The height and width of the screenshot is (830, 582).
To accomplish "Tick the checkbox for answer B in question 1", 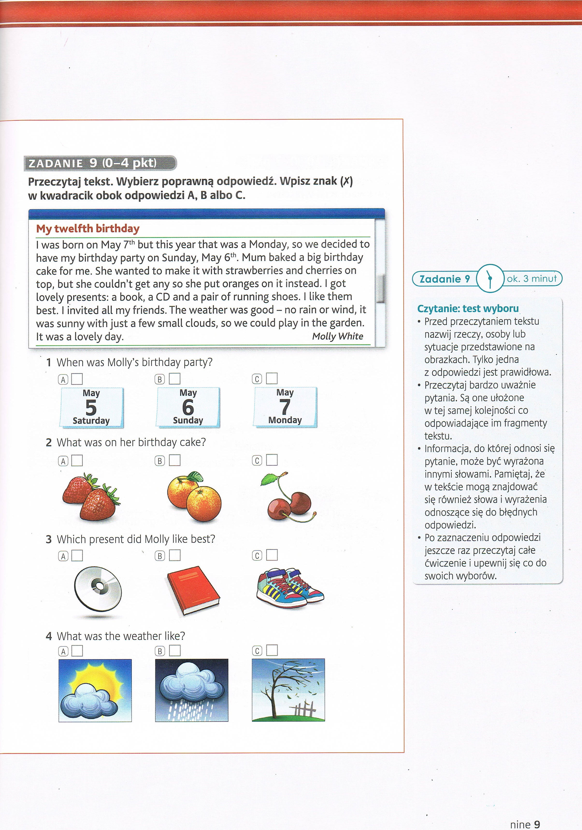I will click(175, 379).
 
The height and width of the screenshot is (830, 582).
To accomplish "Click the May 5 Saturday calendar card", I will click(92, 408).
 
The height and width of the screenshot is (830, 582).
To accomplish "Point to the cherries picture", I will click(289, 497).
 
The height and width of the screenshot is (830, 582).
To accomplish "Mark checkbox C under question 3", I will click(272, 555).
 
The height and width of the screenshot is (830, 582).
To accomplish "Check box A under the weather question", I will click(77, 651).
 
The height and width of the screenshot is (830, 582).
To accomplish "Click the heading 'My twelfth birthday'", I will click(88, 229).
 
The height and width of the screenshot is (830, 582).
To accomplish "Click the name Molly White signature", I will click(338, 336).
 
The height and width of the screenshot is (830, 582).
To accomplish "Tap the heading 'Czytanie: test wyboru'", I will click(468, 308).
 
